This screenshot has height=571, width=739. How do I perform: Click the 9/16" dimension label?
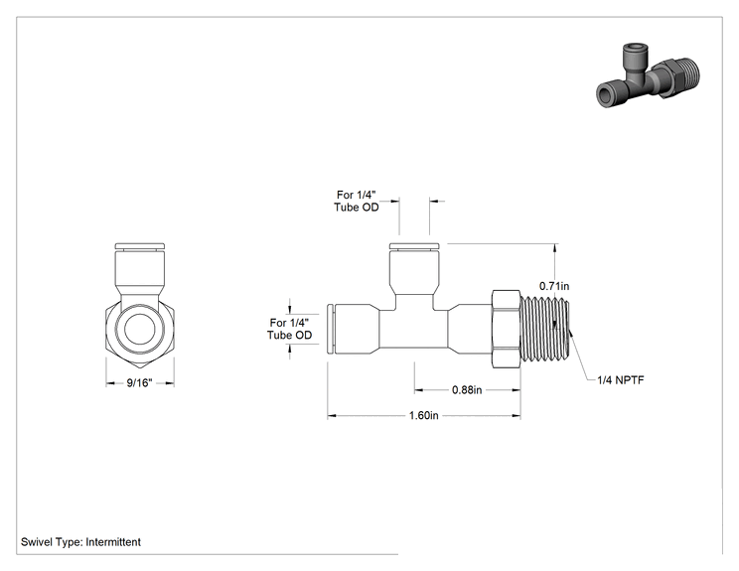[139, 383]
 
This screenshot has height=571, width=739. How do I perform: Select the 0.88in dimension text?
[467, 390]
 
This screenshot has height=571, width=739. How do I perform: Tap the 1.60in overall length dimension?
[424, 415]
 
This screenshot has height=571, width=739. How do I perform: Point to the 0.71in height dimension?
[554, 286]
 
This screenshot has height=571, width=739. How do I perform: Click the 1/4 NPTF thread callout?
[620, 379]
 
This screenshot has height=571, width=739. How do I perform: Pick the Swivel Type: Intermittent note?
[80, 542]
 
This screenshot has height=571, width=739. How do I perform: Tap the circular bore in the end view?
[140, 329]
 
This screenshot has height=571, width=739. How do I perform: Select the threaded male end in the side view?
[545, 329]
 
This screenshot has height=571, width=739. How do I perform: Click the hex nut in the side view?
[507, 329]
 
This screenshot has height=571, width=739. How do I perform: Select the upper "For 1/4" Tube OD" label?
[357, 202]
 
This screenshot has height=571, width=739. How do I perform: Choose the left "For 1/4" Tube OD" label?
[289, 329]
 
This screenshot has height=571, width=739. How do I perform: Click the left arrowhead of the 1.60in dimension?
[332, 415]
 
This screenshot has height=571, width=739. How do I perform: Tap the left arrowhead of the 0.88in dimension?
[419, 390]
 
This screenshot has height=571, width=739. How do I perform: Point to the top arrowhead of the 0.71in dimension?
[556, 248]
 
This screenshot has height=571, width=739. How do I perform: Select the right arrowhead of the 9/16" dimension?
[170, 383]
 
